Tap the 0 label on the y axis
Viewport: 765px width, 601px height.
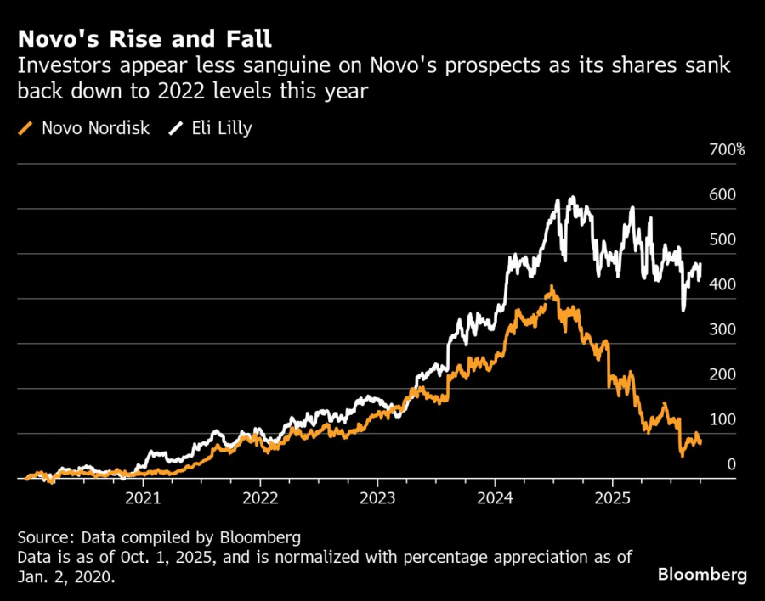click(730, 464)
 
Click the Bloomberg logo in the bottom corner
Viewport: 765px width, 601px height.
click(702, 575)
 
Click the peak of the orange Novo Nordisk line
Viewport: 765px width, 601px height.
click(552, 287)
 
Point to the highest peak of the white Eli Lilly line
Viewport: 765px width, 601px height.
click(573, 198)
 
